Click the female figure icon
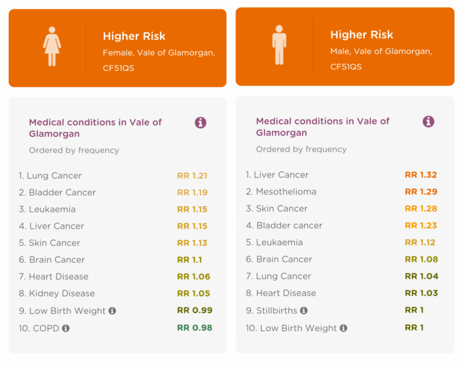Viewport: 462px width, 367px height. [x=52, y=46]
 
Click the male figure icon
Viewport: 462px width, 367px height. [x=279, y=45]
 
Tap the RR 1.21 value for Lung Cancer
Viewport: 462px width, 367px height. [x=192, y=176]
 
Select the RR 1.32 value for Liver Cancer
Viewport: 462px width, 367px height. [x=421, y=175]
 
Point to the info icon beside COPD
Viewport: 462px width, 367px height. [x=66, y=328]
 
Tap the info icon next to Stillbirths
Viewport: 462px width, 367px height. [x=304, y=310]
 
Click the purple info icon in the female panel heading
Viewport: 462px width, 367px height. [x=200, y=123]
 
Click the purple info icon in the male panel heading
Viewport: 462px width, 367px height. [x=429, y=121]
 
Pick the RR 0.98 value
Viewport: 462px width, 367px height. [x=195, y=328]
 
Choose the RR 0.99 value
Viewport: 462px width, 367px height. [x=195, y=310]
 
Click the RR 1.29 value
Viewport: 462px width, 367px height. [x=421, y=192]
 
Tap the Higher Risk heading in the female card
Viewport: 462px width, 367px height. [x=134, y=36]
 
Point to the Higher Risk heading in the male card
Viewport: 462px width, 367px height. [x=362, y=35]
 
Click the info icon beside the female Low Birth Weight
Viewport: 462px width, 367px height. [x=112, y=311]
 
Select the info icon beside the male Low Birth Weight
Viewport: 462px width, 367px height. [x=343, y=328]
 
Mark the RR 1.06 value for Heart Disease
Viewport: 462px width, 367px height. [x=193, y=276]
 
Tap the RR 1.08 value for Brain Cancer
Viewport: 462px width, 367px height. [x=422, y=260]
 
